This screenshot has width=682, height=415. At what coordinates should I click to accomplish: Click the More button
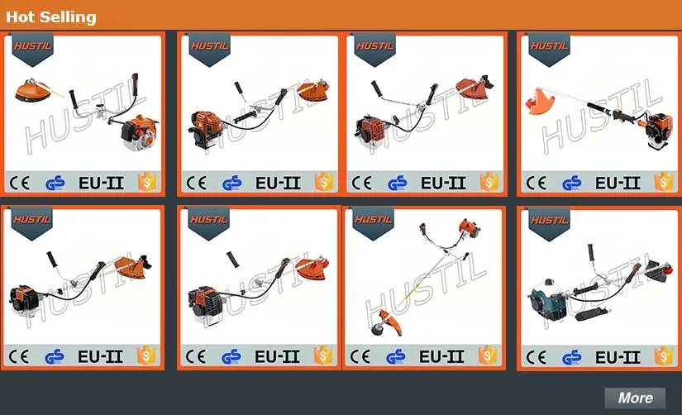click(x=635, y=398)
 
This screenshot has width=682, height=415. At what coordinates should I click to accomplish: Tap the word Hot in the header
click(x=20, y=17)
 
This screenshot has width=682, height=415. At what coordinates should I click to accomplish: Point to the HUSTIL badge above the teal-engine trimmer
click(x=550, y=222)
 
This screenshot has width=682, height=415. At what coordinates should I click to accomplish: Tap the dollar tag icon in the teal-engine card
click(x=664, y=356)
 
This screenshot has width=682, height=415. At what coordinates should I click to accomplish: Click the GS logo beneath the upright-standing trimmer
click(x=395, y=356)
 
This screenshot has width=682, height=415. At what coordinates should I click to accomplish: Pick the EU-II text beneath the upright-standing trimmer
click(x=441, y=356)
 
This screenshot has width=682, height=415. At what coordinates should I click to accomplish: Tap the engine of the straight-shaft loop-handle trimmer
click(x=660, y=129)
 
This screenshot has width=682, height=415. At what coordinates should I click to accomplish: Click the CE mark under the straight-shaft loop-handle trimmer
click(x=537, y=184)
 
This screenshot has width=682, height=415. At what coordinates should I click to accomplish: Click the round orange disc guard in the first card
click(x=31, y=90)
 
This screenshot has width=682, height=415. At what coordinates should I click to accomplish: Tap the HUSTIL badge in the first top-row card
click(x=32, y=49)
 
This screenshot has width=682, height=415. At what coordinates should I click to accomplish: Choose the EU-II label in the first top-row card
click(x=101, y=184)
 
